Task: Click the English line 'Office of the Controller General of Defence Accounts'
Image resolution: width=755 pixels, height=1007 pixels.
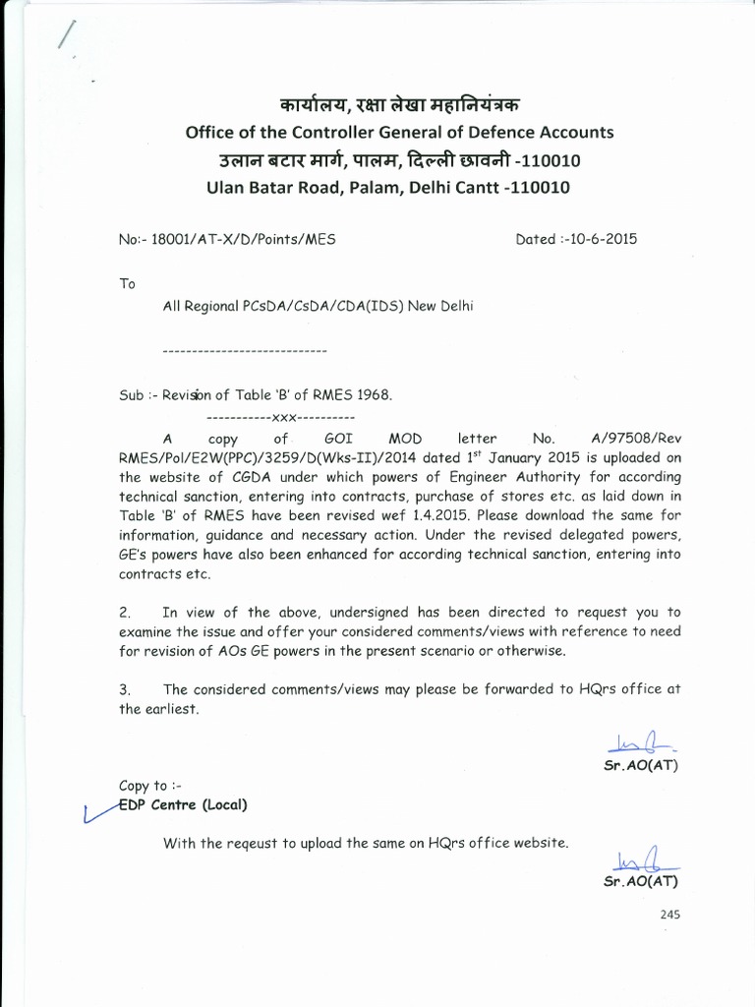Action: click(400, 132)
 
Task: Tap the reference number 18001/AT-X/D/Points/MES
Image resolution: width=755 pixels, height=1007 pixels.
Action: click(227, 239)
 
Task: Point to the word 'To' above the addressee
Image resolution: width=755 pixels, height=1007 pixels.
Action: click(127, 283)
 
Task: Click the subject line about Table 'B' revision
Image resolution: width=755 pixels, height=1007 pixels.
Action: click(256, 395)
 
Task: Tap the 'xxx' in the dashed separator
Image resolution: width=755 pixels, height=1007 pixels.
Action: click(269, 417)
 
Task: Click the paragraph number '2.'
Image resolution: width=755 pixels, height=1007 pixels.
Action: click(125, 613)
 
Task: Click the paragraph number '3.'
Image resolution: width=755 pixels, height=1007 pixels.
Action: click(125, 689)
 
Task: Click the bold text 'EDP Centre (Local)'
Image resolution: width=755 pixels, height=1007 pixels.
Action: click(183, 805)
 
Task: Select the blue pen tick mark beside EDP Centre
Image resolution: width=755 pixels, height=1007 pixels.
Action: click(100, 808)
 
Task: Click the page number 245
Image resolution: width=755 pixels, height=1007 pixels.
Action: click(670, 915)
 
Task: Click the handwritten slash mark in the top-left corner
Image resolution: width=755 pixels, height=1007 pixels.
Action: click(65, 38)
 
